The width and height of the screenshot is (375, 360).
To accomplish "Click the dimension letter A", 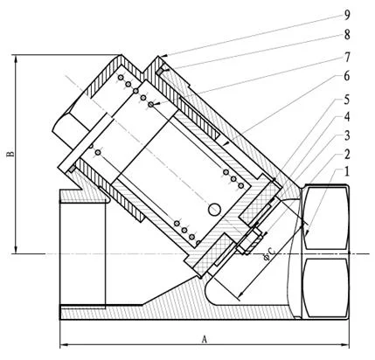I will pos(205,337).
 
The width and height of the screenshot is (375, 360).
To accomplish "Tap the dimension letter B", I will pos(10,154).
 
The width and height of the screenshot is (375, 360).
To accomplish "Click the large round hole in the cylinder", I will pos(212,209).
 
